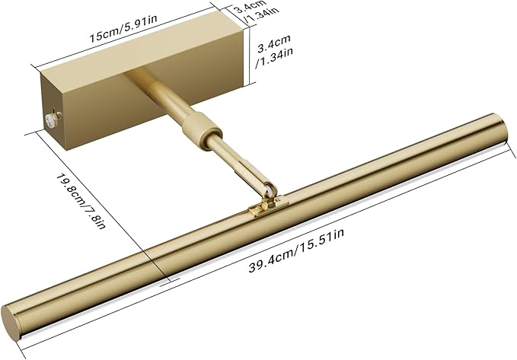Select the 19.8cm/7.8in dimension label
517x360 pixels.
81,201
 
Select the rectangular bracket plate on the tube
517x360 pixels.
266,207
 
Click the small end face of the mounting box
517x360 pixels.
54,111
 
